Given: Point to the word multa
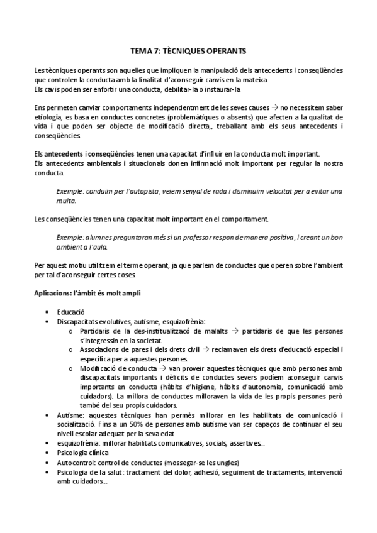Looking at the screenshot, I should (x=65, y=201).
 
